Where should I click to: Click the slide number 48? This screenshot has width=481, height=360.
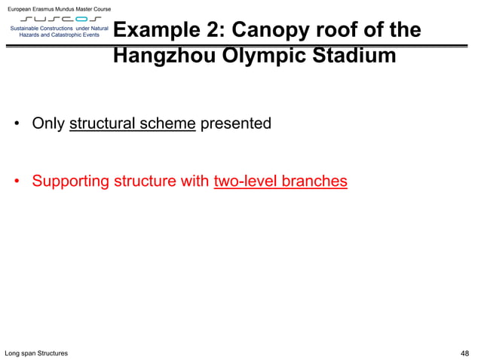464,353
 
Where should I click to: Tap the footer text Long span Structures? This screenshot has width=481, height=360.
36,353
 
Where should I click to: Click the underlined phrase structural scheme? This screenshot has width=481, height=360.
132,124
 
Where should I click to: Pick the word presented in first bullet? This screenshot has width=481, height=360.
235,124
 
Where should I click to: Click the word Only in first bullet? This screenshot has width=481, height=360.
48,124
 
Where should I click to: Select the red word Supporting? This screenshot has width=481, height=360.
70,182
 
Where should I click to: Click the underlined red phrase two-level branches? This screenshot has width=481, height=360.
280,182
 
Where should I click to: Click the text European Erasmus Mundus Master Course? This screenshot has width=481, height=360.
59,8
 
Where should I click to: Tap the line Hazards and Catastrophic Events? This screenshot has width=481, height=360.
59,35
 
